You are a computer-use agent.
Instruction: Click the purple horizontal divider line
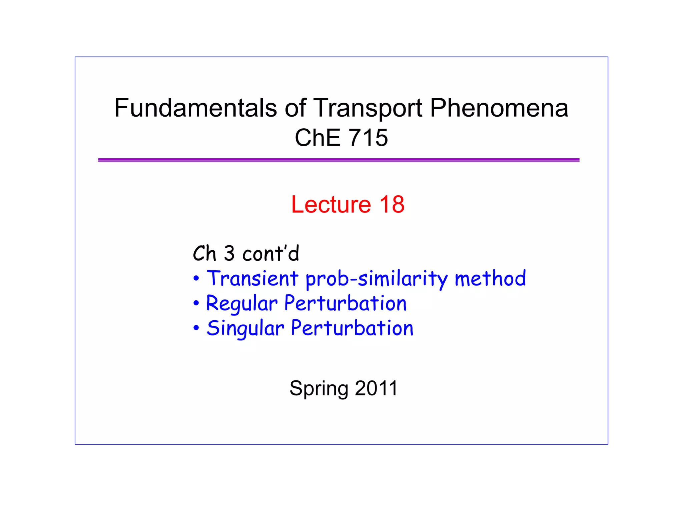point(338,160)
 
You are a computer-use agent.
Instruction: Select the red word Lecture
point(331,204)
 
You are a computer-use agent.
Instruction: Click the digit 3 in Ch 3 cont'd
point(229,254)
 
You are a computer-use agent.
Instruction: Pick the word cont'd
point(271,254)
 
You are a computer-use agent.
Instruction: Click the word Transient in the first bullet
point(252,278)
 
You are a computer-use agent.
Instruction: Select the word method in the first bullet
point(490,278)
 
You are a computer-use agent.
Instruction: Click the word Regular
point(242,304)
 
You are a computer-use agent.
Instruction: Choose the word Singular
point(245,328)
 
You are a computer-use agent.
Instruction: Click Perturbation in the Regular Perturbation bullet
point(346,303)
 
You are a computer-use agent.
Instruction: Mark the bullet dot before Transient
point(196,278)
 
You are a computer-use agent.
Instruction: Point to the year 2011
point(376,388)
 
